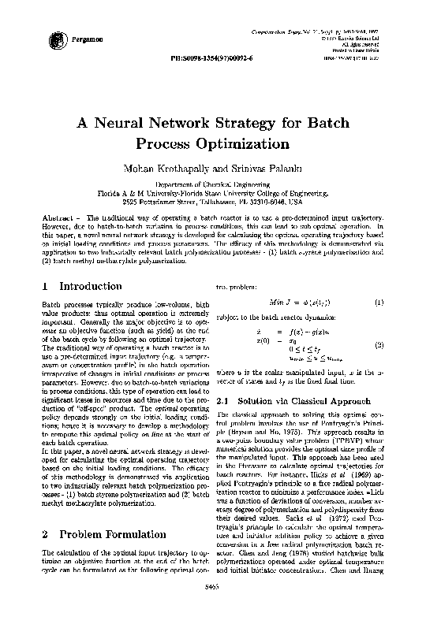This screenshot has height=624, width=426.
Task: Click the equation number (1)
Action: [379, 302]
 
